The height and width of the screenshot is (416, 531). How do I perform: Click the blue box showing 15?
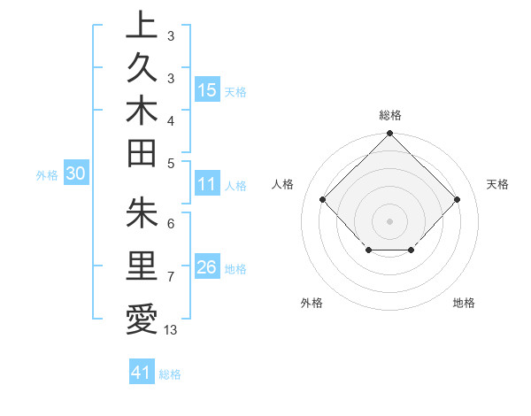pos(206,89)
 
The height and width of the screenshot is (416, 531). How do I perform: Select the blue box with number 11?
pos(206,184)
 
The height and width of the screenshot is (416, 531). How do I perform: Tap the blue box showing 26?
pos(206,267)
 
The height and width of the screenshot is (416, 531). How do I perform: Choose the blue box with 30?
pos(76,174)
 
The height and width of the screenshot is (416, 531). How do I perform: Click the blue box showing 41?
pos(142,373)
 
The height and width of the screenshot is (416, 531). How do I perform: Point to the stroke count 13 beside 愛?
pos(171,330)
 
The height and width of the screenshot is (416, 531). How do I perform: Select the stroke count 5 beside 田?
pos(171,163)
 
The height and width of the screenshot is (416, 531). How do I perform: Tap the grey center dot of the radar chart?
pos(389,220)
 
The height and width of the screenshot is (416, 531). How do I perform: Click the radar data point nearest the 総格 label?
pos(389,135)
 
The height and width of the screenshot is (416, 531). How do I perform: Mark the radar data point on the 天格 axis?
pos(457,199)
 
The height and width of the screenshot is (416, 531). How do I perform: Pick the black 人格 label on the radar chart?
pos(283,184)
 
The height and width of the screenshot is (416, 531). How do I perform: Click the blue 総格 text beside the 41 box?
pos(170,374)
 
